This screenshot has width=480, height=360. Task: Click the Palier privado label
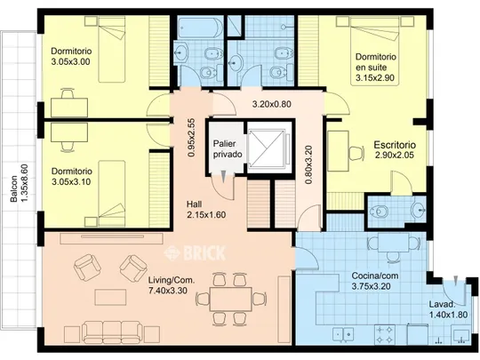coord(228,148)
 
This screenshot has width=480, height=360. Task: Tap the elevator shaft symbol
coord(268,148)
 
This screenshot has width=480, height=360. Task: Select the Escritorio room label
coord(395,149)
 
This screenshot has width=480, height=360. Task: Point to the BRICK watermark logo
coord(195,252)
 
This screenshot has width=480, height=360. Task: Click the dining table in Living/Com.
coord(231,299)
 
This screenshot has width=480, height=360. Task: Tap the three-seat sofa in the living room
coord(112,332)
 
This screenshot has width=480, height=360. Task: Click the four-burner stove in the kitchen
coord(385,335)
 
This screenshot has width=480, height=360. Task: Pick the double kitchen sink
coord(343,335)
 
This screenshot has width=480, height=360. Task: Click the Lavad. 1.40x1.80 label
coord(448,309)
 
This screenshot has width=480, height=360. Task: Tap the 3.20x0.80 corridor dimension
coord(271,104)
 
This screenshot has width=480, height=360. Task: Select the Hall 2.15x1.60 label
coord(206,210)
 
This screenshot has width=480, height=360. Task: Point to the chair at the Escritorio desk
coord(356,154)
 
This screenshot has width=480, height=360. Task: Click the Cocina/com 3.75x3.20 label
coord(375,281)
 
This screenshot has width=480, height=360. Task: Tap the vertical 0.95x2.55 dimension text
coord(191,138)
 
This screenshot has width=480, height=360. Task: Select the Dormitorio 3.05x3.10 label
coord(72,176)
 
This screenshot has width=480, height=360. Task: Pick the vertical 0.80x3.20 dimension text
coord(308,164)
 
